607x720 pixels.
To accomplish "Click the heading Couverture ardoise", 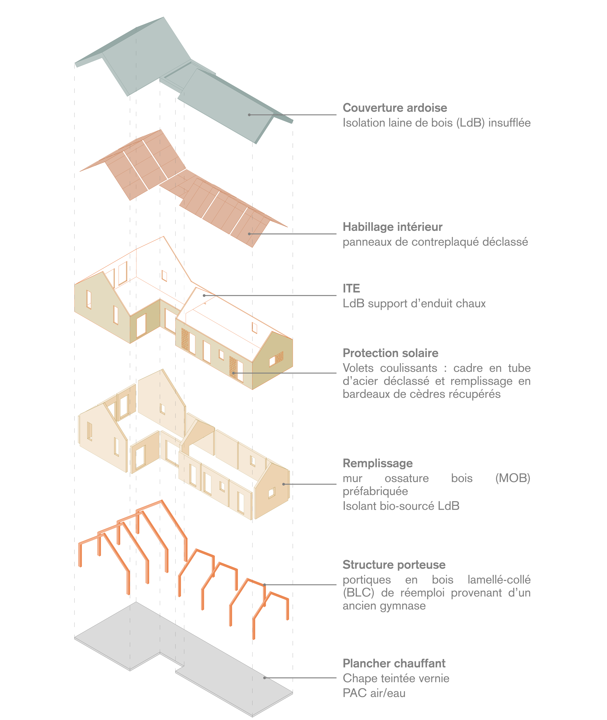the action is [395, 108].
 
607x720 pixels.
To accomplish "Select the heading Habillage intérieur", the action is [392, 227].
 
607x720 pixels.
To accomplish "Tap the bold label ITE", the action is [351, 288].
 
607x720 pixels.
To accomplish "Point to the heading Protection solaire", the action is [390, 353].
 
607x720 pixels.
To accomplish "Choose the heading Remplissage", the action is [378, 463].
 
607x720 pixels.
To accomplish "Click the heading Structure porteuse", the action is [394, 565].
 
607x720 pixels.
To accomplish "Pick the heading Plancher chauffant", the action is [394, 663].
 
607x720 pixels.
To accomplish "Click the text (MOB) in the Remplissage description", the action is [512, 478].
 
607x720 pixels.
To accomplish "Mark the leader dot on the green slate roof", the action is [249, 115].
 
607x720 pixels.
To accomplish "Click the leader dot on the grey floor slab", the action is [264, 678].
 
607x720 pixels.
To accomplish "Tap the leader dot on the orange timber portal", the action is [264, 585].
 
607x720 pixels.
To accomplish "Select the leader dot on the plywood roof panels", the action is [249, 234].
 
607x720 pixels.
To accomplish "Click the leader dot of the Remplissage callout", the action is [284, 484].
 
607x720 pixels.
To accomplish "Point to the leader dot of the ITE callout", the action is [204, 295].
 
